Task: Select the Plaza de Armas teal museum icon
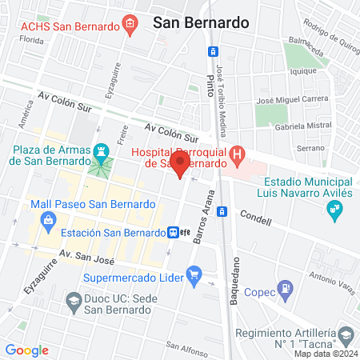101,150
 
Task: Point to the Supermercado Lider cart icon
194,276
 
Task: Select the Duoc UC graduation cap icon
73,302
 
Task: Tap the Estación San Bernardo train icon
173,233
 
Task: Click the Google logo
26,350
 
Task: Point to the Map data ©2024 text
325,354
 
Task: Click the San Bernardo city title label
200,23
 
